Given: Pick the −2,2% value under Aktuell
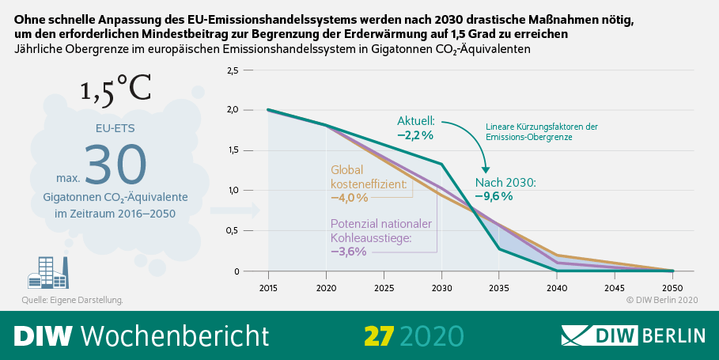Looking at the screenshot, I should (x=415, y=135).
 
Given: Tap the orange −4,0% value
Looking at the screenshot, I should (x=349, y=197).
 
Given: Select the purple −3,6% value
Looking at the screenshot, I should (x=348, y=252).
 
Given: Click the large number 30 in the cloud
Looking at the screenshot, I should (x=115, y=165).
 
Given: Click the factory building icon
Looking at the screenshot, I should (x=50, y=273).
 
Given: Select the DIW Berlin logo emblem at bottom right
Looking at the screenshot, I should (x=585, y=335).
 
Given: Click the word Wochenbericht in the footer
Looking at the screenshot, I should (x=175, y=335).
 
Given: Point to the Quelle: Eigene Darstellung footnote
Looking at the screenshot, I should (x=72, y=300).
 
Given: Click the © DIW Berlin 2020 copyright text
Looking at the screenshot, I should (x=663, y=300).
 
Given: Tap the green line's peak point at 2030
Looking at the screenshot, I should (x=441, y=164).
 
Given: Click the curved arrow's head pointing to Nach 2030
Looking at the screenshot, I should (x=486, y=168).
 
